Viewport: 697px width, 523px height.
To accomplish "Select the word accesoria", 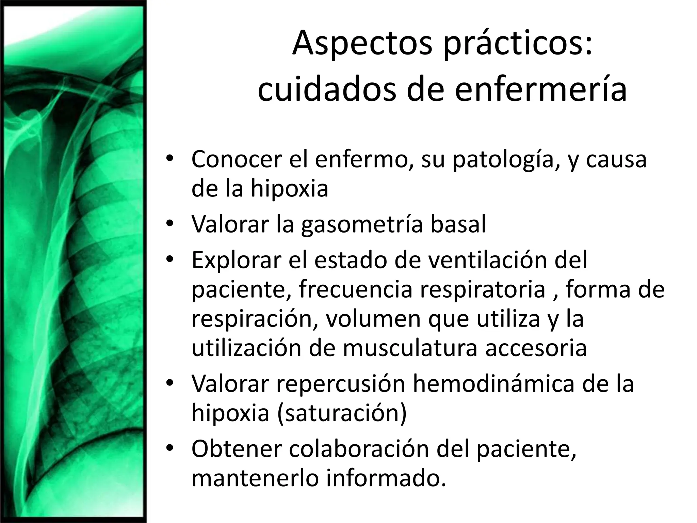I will point(536,348).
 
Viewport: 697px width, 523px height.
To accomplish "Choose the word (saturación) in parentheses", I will point(342,413).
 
